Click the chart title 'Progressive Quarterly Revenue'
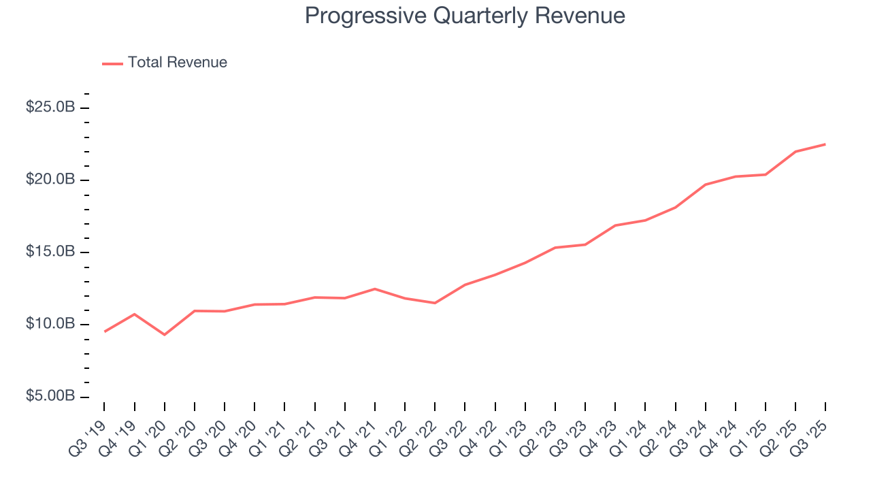(x=465, y=16)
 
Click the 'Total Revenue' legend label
(x=177, y=63)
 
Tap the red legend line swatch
(x=112, y=63)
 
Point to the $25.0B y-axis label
(x=51, y=108)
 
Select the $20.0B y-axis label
(x=51, y=180)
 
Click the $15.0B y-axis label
(x=51, y=252)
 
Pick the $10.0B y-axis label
(x=51, y=324)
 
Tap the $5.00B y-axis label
(x=51, y=396)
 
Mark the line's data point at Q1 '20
(x=165, y=334)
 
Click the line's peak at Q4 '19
(x=135, y=314)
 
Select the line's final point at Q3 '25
(x=825, y=144)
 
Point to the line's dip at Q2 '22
(x=435, y=303)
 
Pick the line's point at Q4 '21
(x=375, y=289)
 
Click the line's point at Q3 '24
(x=706, y=184)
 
